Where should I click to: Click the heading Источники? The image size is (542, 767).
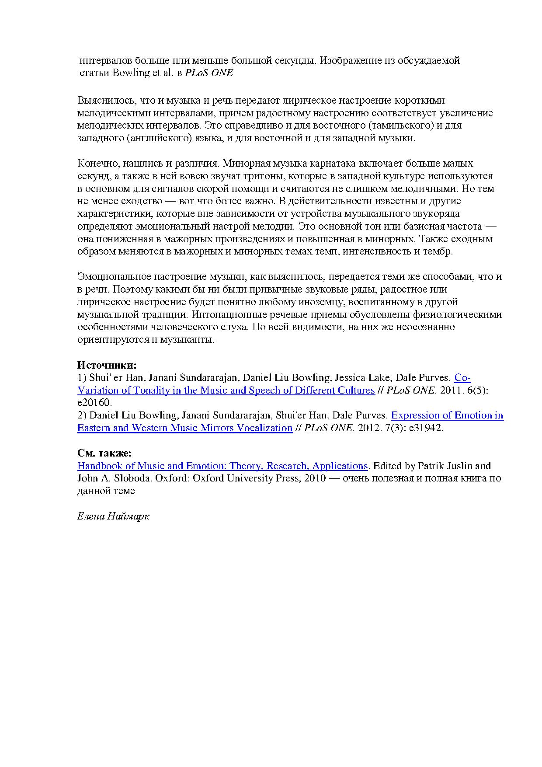tap(107, 365)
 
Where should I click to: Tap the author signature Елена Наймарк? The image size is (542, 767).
tap(113, 516)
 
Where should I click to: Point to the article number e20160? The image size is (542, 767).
tap(94, 403)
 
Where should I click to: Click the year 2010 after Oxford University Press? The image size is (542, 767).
tap(315, 478)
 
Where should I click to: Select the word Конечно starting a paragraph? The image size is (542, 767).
tap(96, 164)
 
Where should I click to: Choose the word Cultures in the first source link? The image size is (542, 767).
tap(354, 390)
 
